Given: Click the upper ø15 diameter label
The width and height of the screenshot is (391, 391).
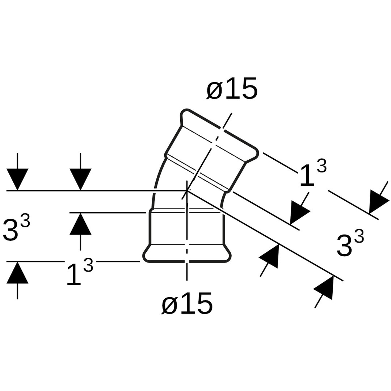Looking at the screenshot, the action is [x=232, y=88].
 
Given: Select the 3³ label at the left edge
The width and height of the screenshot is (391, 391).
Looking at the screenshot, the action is [x=16, y=228].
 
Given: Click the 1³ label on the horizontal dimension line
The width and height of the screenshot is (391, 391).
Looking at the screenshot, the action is [x=80, y=272].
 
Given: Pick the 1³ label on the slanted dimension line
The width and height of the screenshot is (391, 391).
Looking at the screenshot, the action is [x=313, y=173].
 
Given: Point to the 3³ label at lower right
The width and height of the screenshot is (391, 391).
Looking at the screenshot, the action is [x=350, y=243].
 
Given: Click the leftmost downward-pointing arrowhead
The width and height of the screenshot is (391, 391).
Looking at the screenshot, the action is [x=17, y=180].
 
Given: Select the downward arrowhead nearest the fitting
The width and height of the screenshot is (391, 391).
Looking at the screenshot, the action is [x=80, y=180].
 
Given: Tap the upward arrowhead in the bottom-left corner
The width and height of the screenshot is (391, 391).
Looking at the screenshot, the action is [x=17, y=273].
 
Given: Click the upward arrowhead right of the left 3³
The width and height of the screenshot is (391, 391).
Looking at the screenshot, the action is [x=80, y=224].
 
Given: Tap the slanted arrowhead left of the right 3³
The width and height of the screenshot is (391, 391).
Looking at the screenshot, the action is [x=269, y=256].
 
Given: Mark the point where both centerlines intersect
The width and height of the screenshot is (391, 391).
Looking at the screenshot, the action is [x=186, y=190].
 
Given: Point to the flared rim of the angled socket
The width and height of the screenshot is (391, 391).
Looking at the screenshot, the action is [x=219, y=134].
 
